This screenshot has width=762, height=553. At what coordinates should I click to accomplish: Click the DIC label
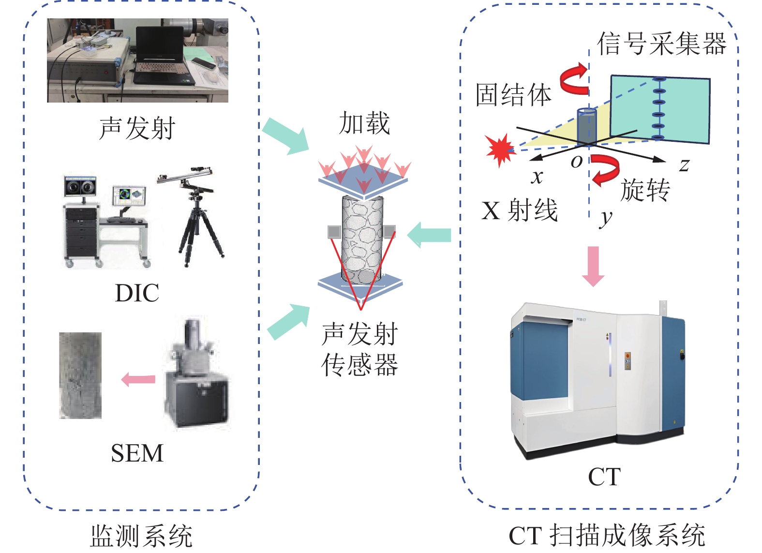coord(137,293)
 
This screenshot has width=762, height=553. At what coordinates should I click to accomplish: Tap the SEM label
coord(137,453)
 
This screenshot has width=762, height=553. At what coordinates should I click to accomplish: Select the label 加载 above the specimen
coord(364,123)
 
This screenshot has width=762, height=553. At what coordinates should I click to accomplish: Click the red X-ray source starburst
coord(500,149)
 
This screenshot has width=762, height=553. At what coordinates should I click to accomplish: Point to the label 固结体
coord(513,95)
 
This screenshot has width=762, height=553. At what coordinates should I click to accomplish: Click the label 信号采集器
coord(661,44)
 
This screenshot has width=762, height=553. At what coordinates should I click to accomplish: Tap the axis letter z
coord(684,165)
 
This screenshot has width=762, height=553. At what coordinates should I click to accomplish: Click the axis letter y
coord(605,218)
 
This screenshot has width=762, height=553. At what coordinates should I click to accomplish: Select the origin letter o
coord(576,162)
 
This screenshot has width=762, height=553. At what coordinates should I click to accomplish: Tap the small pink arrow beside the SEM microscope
coord(138,379)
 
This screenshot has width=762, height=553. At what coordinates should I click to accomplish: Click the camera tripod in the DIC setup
coord(199,223)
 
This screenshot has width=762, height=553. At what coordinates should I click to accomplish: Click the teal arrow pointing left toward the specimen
coord(430,235)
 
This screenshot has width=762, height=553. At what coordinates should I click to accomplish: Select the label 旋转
coord(645,190)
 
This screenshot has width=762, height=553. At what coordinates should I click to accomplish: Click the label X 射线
coord(520,210)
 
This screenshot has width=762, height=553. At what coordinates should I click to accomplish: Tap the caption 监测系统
coord(141,536)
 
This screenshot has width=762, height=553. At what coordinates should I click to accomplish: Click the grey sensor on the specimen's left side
coord(334,232)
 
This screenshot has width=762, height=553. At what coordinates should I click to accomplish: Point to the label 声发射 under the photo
coord(137,129)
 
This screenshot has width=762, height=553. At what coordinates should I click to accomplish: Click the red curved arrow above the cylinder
coord(574,78)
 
